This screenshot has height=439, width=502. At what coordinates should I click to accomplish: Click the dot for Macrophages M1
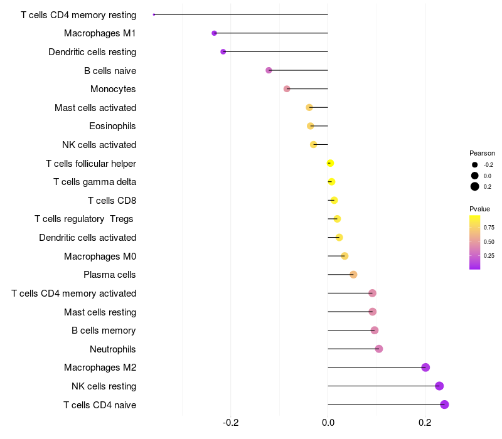coord(214,33)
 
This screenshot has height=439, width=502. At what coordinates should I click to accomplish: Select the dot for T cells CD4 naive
coord(444,405)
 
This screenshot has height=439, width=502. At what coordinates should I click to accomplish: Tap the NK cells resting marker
coord(439,386)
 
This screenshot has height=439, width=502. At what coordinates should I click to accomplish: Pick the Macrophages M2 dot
coord(425,368)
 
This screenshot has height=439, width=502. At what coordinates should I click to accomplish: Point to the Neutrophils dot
coord(379,349)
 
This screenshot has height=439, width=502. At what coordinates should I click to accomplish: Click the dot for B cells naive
coord(269,70)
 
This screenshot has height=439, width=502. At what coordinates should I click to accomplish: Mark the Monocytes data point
coord(287,89)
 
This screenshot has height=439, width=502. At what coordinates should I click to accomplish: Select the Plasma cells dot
coord(353,275)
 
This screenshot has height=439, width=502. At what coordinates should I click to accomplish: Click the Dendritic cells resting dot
coord(223,51)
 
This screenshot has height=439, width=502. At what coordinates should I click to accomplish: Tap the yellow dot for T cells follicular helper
coord(330,163)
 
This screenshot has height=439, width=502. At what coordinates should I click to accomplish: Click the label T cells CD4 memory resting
coord(78,14)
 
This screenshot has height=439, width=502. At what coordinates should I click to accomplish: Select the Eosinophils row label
coord(112,126)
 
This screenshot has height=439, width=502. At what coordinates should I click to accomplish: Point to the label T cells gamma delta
coord(95,182)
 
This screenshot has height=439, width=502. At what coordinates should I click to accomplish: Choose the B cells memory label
coord(104,331)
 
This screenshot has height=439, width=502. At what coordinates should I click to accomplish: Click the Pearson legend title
coord(482,153)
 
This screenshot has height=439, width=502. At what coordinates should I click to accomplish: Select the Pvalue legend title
coord(479,209)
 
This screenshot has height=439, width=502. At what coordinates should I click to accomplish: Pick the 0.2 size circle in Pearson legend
coord(475,186)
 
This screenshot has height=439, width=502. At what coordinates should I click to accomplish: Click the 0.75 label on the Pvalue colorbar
coord(489,228)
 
